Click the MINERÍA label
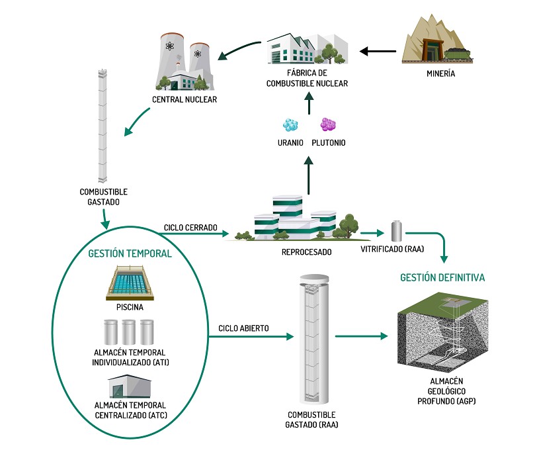[x=441, y=74]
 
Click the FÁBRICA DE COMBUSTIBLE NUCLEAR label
[x=307, y=79]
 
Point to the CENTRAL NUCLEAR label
[x=185, y=101]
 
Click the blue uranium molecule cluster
[x=290, y=125]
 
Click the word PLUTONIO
[x=329, y=143]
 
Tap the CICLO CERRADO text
[x=190, y=228]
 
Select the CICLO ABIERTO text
[x=245, y=328]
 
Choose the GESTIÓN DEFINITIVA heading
[x=442, y=277]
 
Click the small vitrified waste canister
[x=397, y=231]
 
